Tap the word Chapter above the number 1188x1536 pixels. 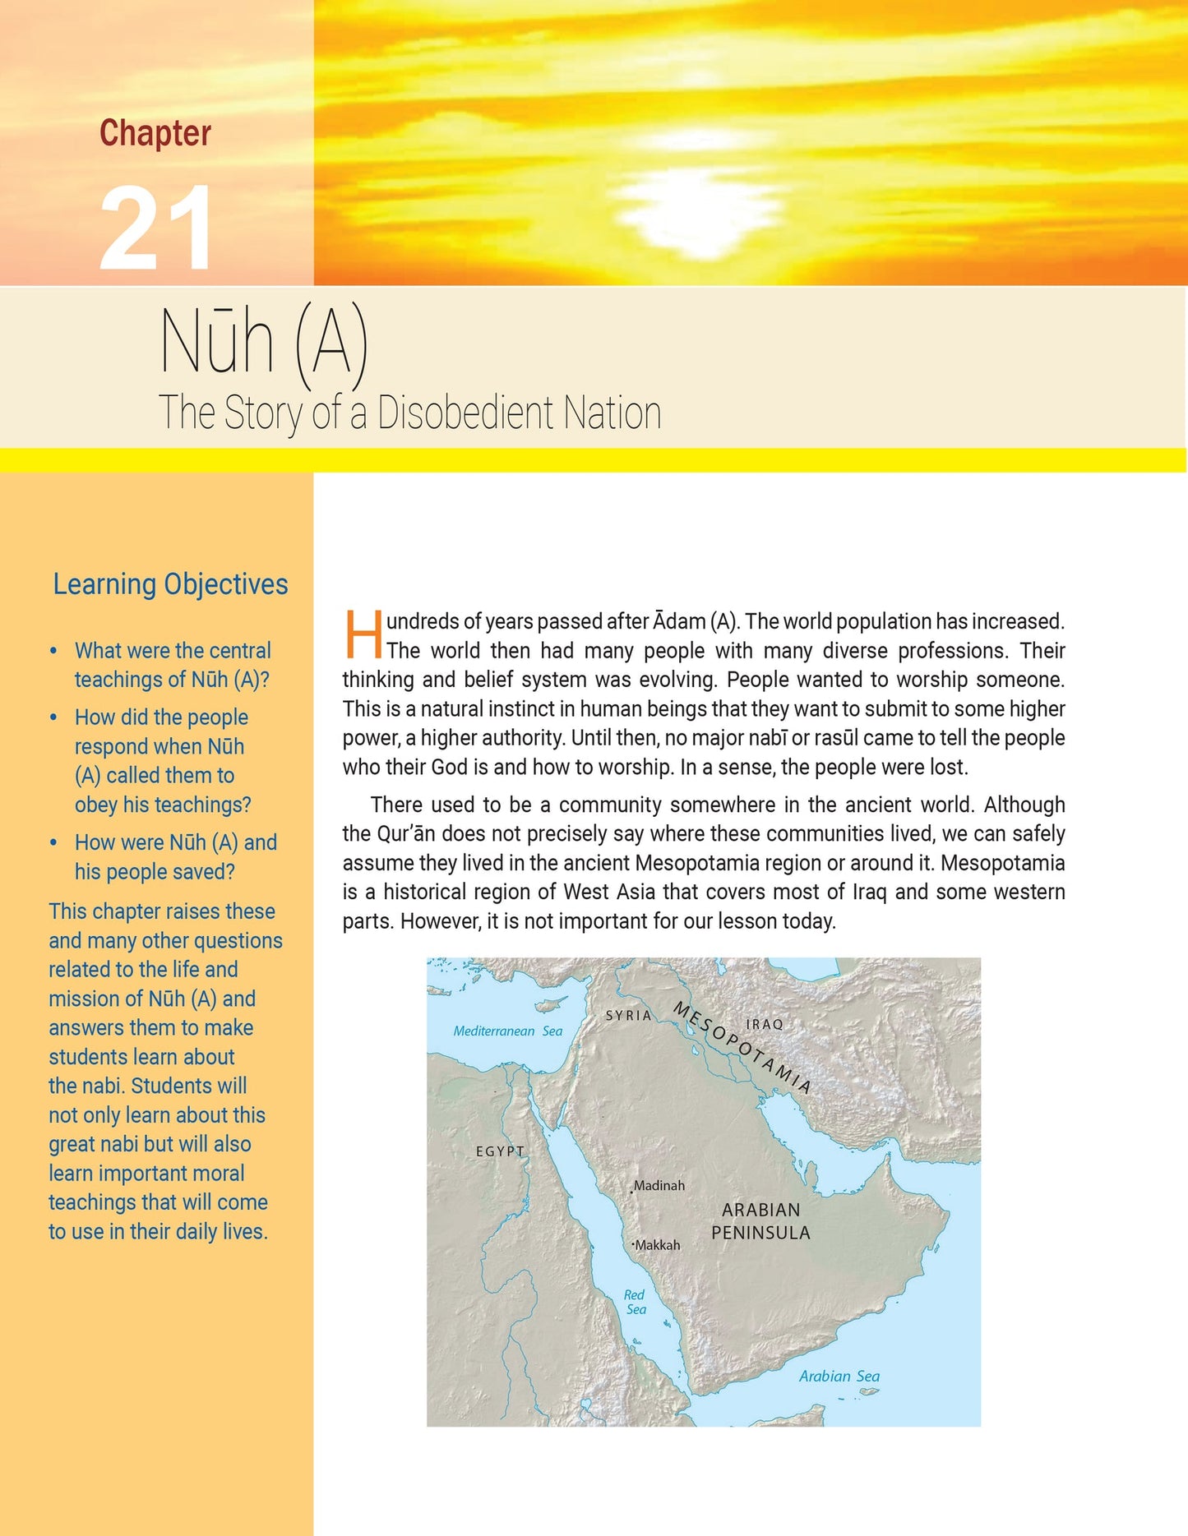point(155,133)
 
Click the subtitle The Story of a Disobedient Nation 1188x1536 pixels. point(409,413)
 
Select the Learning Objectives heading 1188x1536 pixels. point(170,584)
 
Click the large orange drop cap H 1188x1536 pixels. point(363,634)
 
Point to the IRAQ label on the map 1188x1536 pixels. point(764,1024)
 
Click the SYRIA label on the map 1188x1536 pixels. point(628,1016)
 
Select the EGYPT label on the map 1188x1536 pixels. point(500,1151)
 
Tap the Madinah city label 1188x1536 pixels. point(659,1185)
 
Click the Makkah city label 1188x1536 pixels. point(657,1245)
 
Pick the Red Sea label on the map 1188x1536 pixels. point(635,1302)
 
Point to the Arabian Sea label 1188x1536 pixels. point(839,1376)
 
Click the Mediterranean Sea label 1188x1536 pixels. point(507,1031)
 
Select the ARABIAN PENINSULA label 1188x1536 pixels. point(760,1221)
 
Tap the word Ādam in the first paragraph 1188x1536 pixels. point(679,621)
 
